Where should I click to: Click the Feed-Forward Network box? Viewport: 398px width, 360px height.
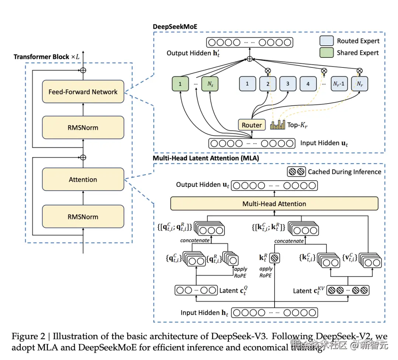[x=83, y=91]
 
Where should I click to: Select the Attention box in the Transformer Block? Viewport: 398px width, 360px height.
[x=83, y=179]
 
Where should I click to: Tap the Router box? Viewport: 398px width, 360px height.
[x=252, y=125]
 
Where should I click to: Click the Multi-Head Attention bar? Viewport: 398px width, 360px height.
[x=274, y=203]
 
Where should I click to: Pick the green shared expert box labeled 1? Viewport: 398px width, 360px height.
[x=180, y=84]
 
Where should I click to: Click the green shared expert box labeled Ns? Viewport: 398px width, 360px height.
[x=210, y=84]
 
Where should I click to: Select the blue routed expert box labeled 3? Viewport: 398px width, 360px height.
[x=288, y=84]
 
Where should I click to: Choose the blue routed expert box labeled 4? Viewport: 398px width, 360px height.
[x=308, y=84]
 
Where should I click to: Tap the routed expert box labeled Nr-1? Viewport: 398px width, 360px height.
[x=339, y=84]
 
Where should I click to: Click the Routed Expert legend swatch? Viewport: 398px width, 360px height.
[x=326, y=41]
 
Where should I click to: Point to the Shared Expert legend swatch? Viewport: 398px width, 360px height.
[x=326, y=53]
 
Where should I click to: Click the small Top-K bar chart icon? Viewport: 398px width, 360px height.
[x=277, y=125]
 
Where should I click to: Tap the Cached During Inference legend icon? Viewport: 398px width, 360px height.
[x=296, y=171]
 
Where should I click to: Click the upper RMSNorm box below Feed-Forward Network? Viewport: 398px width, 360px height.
[x=83, y=127]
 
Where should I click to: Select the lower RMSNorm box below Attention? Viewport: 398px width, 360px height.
[x=83, y=217]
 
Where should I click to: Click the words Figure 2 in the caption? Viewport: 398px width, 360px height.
[x=28, y=337]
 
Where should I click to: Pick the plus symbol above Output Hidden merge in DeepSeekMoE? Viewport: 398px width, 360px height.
[x=250, y=59]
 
